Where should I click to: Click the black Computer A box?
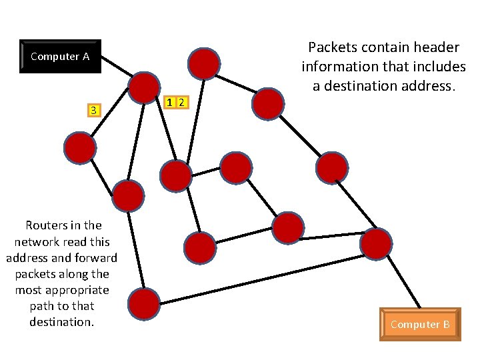(x=60, y=57)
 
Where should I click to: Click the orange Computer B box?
(x=420, y=325)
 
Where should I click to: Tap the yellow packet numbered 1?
(x=171, y=102)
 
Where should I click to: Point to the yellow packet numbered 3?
(x=94, y=110)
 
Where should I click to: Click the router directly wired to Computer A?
(x=144, y=87)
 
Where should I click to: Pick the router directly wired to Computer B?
(x=376, y=243)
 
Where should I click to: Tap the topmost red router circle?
(x=203, y=63)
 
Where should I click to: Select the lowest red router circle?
(x=143, y=304)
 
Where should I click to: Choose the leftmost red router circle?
(x=80, y=148)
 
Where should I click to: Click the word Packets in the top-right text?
(x=331, y=48)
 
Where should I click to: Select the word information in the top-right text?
(x=339, y=67)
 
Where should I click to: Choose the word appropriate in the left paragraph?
(x=76, y=290)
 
